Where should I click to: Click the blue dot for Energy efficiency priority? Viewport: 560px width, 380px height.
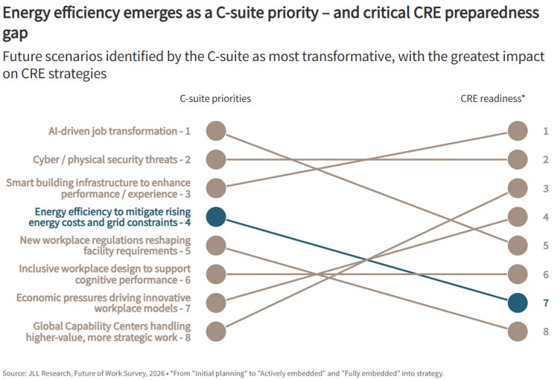coord(216,216)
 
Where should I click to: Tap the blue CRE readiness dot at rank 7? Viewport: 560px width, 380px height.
coord(518,303)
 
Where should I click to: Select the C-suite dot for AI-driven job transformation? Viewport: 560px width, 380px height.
coord(216,131)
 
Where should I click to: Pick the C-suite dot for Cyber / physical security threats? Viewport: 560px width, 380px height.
coord(216,159)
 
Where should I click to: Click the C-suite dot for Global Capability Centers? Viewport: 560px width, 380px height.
coord(216,331)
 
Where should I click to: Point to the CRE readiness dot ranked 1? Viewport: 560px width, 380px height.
coord(518,131)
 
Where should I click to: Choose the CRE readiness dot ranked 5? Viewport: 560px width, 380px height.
coord(518,245)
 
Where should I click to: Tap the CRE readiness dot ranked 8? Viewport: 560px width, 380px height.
coord(518,331)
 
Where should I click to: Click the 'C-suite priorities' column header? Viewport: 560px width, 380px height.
coord(215,98)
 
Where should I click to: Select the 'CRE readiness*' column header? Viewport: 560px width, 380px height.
coord(492,98)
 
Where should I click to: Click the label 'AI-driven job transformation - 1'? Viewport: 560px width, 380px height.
coord(119,132)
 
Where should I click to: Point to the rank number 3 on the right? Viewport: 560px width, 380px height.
coord(546,188)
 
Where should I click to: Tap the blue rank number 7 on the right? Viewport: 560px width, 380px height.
coord(546,303)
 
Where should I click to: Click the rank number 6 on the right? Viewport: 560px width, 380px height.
coord(546,274)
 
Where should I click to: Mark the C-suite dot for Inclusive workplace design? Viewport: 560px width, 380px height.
coord(216,274)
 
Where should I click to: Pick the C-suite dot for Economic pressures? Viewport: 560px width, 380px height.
coord(216,303)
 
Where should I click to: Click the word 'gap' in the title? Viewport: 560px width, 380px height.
coord(15,34)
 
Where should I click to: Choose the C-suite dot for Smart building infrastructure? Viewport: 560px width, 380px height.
coord(216,188)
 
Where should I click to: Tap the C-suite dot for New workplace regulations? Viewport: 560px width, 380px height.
coord(216,245)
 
